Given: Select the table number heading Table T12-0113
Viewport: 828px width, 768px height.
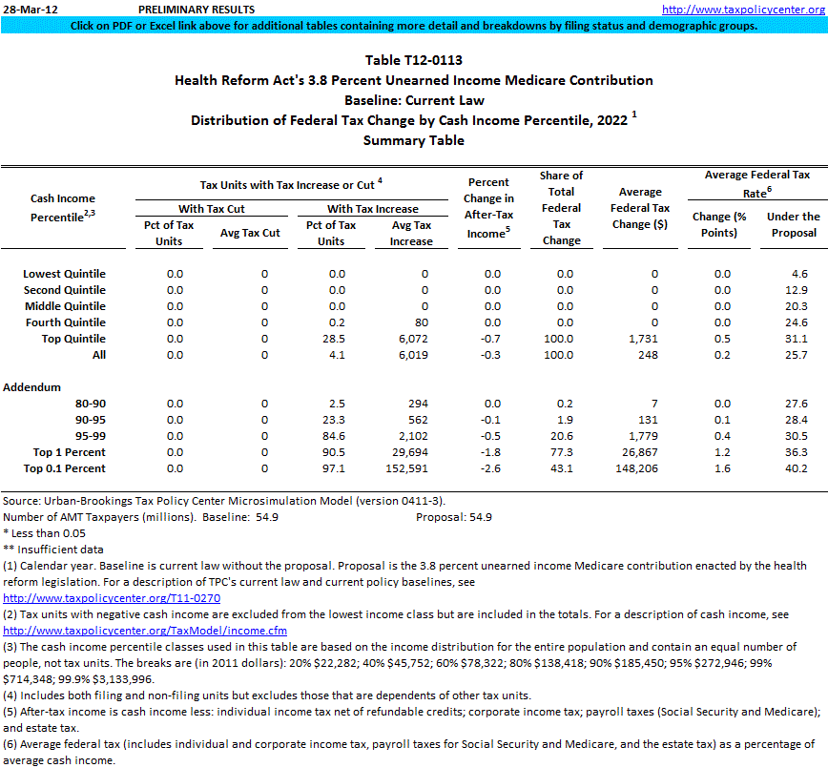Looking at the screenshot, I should click(413, 60).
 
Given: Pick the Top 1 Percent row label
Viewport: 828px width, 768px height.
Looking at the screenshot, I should click(70, 452).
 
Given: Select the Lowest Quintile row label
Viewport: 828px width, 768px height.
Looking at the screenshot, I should click(64, 274).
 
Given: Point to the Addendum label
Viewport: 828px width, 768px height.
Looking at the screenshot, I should click(32, 387).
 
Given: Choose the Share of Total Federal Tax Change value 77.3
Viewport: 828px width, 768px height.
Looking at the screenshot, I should click(562, 452).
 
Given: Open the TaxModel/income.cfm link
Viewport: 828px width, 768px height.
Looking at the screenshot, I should click(144, 631).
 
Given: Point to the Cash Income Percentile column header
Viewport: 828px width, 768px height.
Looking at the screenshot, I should click(63, 207).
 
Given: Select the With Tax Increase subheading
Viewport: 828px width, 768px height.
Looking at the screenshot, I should click(372, 209).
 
